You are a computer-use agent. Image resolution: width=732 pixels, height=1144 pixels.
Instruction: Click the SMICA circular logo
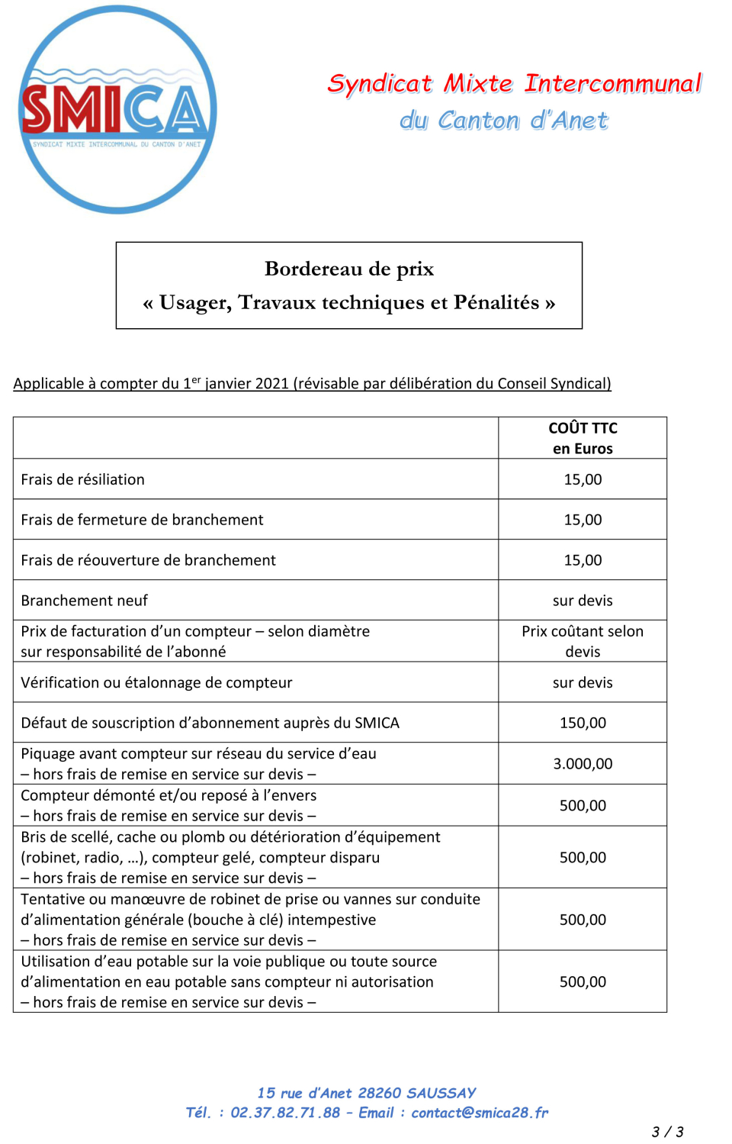(x=117, y=110)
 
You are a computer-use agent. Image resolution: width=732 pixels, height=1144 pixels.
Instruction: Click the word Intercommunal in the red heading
(x=612, y=83)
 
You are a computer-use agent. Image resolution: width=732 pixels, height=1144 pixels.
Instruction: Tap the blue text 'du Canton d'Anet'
(x=503, y=121)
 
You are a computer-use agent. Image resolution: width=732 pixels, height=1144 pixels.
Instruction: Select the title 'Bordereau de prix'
(x=349, y=269)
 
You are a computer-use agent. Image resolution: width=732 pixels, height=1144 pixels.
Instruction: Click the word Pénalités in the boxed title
(x=496, y=303)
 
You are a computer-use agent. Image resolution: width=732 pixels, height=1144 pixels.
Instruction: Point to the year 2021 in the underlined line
(x=272, y=383)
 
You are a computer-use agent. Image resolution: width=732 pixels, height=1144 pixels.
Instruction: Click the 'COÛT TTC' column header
(x=583, y=428)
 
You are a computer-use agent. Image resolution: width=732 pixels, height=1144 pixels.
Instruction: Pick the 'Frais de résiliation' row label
(x=83, y=479)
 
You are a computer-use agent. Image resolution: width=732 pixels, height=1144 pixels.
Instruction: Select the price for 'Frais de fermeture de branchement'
(x=583, y=520)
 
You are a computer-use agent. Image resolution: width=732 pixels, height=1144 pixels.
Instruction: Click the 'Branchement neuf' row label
(x=85, y=601)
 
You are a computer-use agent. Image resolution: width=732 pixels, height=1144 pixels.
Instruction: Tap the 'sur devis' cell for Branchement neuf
(x=583, y=601)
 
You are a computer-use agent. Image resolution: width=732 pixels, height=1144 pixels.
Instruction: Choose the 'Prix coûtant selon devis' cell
(x=583, y=641)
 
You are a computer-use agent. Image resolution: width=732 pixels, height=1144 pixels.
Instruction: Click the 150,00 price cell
(x=583, y=723)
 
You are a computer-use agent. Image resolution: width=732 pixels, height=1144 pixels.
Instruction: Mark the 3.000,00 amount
(x=583, y=764)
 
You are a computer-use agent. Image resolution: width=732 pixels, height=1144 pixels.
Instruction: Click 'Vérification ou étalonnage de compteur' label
(x=156, y=682)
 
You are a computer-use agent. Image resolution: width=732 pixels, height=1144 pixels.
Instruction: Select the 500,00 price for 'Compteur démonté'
(x=583, y=805)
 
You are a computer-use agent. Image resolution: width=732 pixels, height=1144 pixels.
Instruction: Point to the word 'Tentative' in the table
(x=53, y=899)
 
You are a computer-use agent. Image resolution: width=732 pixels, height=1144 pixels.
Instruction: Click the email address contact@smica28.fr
(x=480, y=1113)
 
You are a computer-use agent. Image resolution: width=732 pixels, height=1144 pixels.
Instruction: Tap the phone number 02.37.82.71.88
(x=285, y=1113)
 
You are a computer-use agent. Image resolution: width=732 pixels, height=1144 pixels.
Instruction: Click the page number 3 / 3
(x=667, y=1132)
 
